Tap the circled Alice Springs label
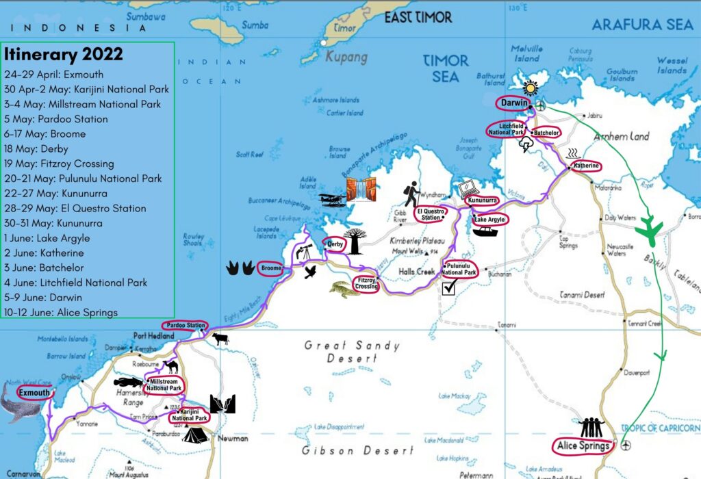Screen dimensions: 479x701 [x=582, y=446]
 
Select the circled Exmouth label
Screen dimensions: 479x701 [x=34, y=393]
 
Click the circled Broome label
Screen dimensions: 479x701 [x=271, y=269]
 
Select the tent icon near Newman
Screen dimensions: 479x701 [x=194, y=435]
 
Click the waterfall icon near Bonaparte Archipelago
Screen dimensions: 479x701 [x=362, y=188]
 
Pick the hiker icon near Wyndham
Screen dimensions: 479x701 [x=411, y=194]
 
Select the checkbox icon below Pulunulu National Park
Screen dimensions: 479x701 [x=449, y=289]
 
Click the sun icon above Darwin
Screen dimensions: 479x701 [x=530, y=88]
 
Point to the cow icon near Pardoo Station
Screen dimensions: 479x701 [x=220, y=339]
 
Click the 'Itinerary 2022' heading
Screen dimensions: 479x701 [x=64, y=54]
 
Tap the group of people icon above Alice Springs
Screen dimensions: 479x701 [x=590, y=428]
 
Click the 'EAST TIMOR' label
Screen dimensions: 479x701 [x=418, y=17]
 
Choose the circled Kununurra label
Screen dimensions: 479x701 [x=483, y=200]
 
